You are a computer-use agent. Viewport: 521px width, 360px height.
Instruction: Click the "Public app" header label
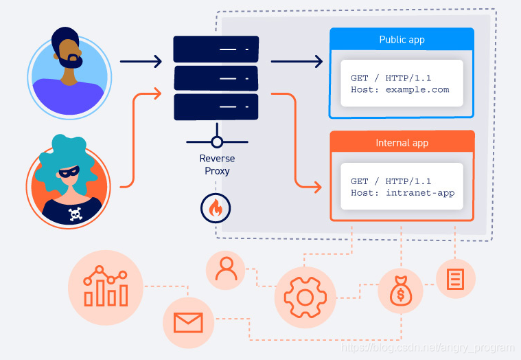coord(402,40)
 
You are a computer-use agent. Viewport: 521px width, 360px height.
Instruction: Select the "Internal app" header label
coord(402,143)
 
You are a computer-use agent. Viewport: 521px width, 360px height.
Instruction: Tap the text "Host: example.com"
coord(400,89)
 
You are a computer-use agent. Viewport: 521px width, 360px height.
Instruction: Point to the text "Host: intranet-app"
coord(402,193)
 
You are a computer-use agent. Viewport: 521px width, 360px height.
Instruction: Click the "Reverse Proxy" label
coord(217,165)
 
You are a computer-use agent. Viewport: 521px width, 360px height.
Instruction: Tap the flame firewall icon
coord(216,208)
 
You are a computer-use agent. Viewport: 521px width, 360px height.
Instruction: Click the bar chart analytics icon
coord(106,287)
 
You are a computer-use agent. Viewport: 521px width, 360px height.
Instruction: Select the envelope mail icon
coord(188,322)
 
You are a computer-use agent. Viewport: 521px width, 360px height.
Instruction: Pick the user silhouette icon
coord(225,269)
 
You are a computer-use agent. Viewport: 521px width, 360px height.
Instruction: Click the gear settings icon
coord(305,297)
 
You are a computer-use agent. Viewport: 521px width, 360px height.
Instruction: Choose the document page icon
coord(455,279)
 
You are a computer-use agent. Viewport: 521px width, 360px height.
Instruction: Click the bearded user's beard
coord(70,60)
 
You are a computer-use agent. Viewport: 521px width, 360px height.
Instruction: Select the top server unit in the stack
coord(216,49)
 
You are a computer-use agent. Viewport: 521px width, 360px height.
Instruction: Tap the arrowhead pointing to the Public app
coord(318,62)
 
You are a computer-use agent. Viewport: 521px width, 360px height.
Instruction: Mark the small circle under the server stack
coord(217,143)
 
